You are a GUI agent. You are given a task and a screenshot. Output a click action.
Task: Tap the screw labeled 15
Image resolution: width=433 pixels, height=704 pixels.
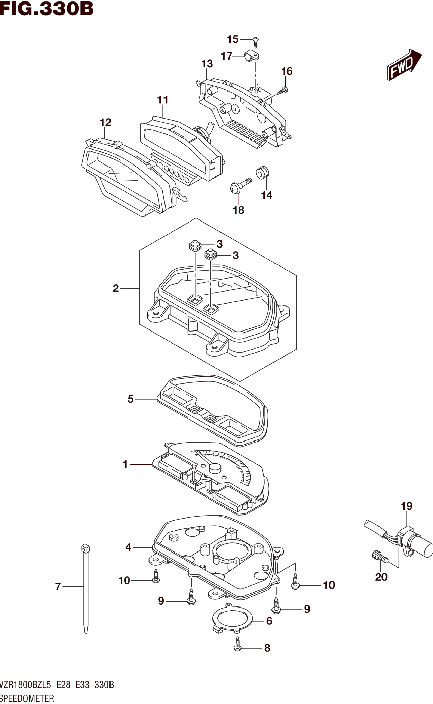click(x=256, y=42)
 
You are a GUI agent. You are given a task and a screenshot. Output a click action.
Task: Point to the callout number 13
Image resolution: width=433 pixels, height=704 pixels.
click(x=207, y=64)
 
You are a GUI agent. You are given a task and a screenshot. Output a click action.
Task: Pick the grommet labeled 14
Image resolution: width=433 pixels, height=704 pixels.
click(x=262, y=172)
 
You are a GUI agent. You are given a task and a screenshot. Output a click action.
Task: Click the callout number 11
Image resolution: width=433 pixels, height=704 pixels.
click(x=163, y=100)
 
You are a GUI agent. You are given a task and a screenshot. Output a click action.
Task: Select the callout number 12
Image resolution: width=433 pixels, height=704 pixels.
click(x=105, y=123)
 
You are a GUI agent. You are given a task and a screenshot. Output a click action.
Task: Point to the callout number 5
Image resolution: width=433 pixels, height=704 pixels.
click(x=130, y=399)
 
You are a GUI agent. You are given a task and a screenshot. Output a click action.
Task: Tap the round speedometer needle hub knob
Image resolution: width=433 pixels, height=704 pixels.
click(x=215, y=468)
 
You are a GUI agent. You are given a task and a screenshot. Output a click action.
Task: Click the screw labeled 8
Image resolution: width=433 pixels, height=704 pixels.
click(x=237, y=647)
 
